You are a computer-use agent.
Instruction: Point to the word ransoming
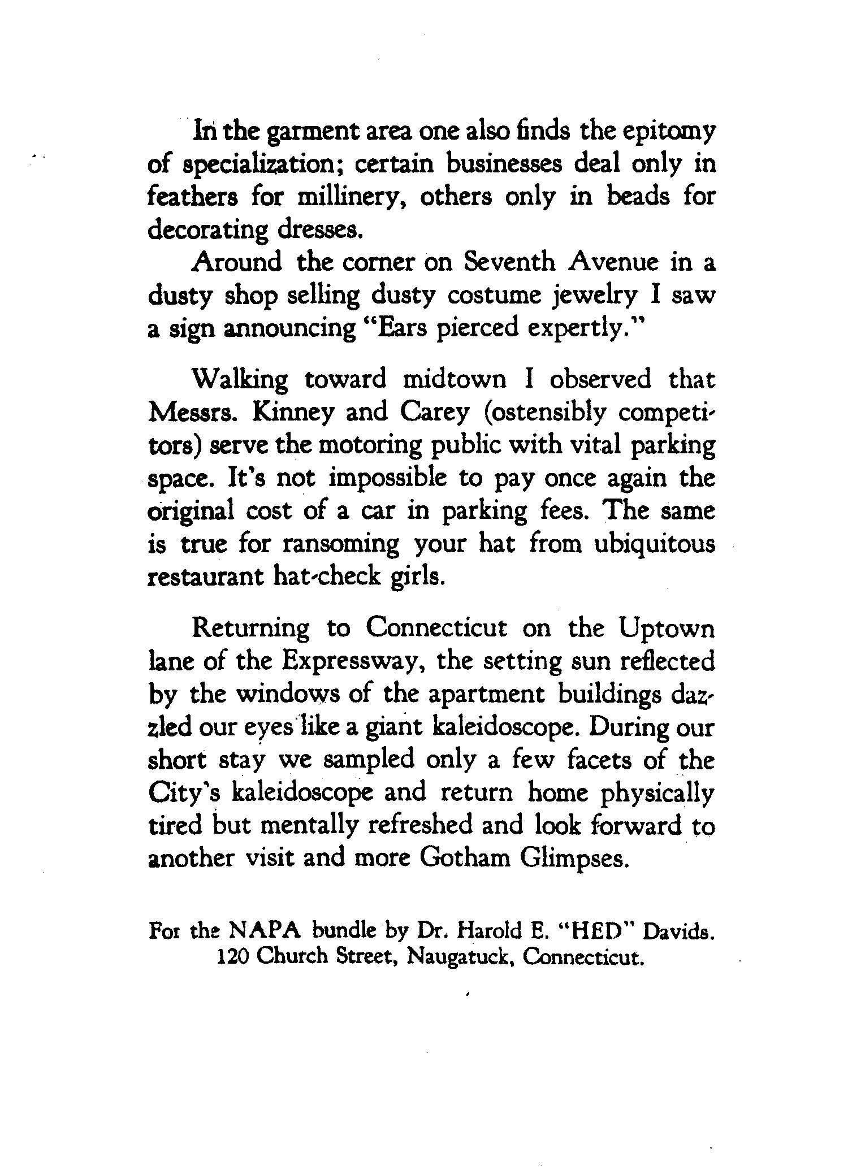pos(340,545)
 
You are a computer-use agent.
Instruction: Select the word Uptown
pos(667,629)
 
